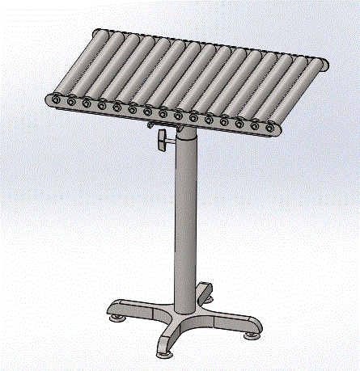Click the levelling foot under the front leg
160,353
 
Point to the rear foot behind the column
209,296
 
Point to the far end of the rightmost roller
321,63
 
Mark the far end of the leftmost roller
99,33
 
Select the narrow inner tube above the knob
186,129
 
